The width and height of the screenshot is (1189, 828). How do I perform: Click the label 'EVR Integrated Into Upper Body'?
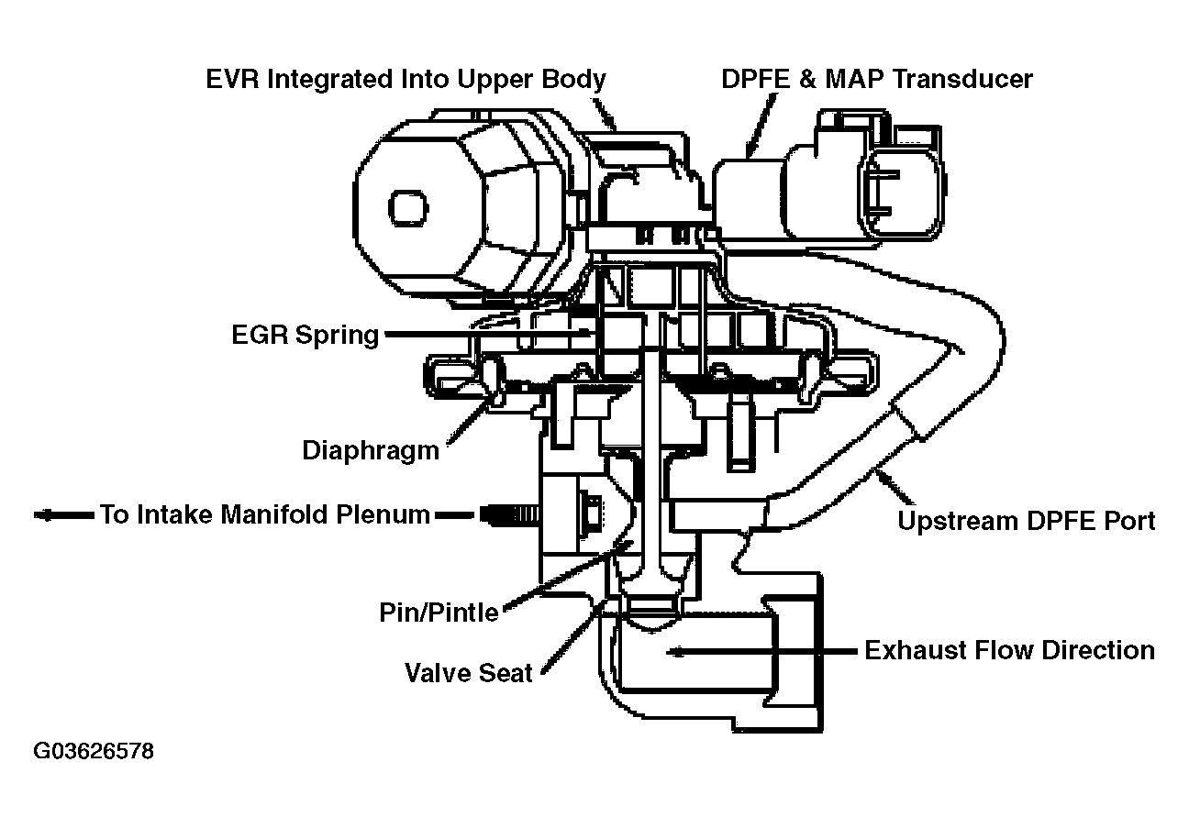click(x=405, y=80)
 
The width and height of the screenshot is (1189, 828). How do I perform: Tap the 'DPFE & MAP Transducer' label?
click(x=876, y=80)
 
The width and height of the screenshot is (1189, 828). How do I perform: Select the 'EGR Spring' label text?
click(x=305, y=336)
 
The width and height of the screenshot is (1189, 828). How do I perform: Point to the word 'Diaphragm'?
click(x=371, y=451)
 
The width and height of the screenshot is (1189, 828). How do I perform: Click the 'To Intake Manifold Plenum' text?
click(x=265, y=515)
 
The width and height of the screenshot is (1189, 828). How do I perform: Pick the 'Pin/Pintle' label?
click(x=439, y=612)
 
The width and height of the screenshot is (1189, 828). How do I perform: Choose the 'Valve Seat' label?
click(x=469, y=673)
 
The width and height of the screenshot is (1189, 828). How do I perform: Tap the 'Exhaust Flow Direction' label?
click(x=1009, y=651)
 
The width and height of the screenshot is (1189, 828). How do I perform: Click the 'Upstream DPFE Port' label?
click(x=1026, y=522)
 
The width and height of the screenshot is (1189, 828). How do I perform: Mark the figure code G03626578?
click(x=94, y=752)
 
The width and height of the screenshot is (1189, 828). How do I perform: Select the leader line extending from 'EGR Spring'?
click(x=486, y=336)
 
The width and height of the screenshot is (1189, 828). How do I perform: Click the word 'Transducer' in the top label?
click(x=962, y=80)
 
